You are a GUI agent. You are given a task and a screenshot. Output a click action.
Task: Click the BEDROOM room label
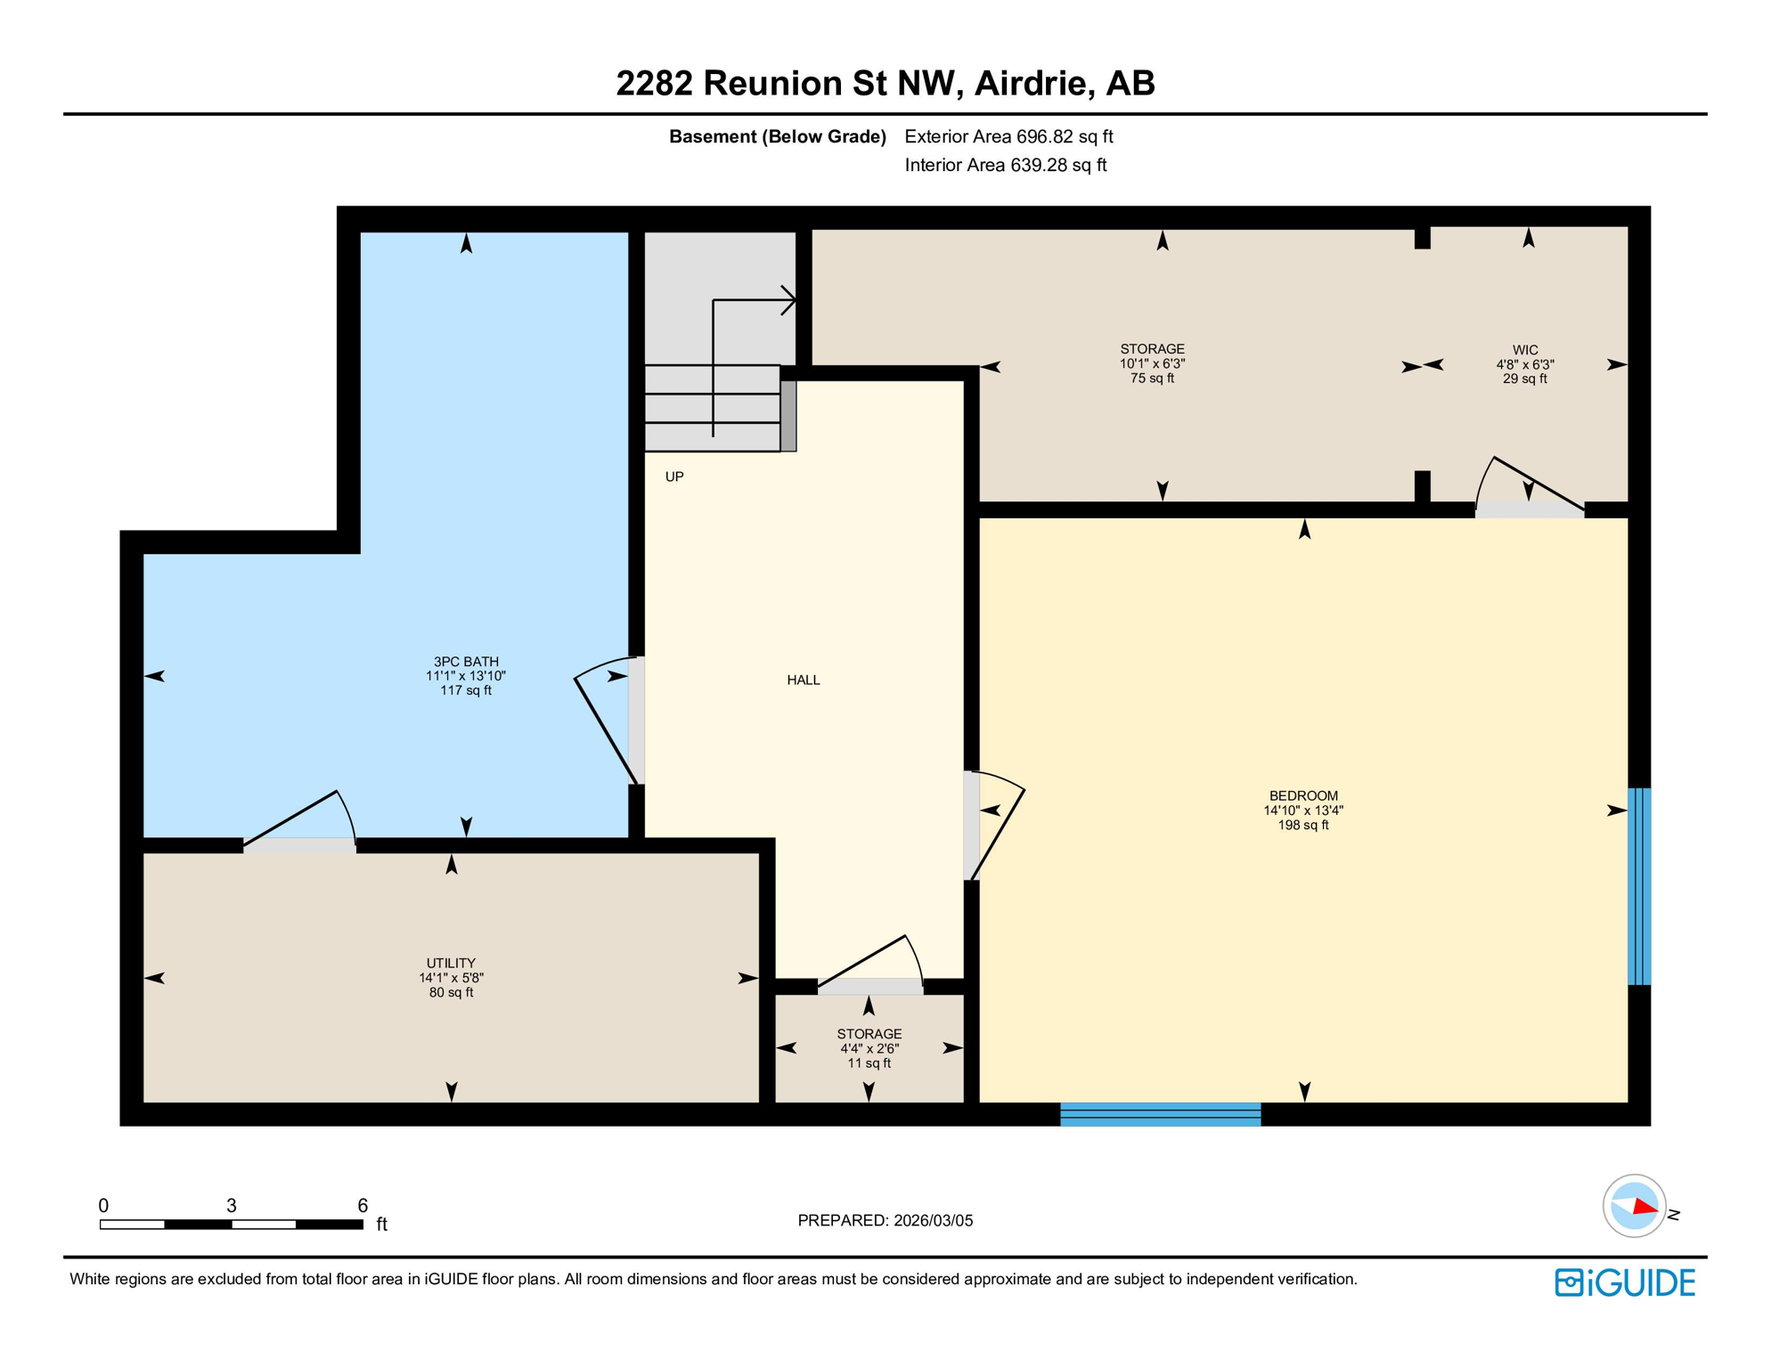[1303, 796]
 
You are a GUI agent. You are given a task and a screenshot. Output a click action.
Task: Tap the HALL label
[803, 680]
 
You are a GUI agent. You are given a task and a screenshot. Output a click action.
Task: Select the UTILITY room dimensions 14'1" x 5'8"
[451, 978]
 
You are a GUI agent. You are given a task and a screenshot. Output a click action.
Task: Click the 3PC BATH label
[466, 662]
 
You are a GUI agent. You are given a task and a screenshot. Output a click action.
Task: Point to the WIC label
[1524, 350]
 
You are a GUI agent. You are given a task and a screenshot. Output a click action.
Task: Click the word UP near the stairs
[674, 477]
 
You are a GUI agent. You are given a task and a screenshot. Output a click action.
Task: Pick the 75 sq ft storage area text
[1152, 379]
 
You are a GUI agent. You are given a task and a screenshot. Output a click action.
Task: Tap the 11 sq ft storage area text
[869, 1063]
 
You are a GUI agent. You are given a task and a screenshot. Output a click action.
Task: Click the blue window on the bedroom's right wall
[1639, 886]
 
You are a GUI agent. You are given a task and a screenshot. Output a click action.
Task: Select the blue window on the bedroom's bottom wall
[1160, 1114]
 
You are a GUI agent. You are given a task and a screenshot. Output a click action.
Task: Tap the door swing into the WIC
[1530, 510]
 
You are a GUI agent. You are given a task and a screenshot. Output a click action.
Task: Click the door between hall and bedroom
[971, 826]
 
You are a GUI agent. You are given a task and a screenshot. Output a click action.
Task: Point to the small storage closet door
[870, 985]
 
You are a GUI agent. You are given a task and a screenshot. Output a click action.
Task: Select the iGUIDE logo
[1625, 1282]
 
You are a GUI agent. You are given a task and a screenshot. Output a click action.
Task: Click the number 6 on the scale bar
[363, 1206]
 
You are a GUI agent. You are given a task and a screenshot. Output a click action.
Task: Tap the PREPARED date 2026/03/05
[885, 1221]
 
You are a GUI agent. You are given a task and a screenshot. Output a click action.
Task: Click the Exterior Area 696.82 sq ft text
[1008, 136]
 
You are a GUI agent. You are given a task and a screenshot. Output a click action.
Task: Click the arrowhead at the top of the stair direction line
[789, 300]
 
